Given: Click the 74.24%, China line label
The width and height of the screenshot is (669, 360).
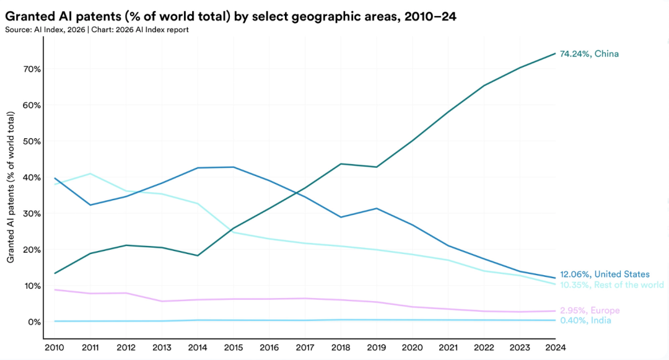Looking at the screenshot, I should pos(589,54).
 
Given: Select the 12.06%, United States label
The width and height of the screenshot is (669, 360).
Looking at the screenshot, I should pos(605,274).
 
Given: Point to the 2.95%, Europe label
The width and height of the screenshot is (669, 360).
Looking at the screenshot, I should pos(590,310).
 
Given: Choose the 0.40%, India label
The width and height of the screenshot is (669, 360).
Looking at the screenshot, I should pos(585,320).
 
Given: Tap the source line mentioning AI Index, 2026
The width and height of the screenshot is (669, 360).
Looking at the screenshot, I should pos(97,29).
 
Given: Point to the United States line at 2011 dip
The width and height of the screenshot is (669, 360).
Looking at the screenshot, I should pos(91,205).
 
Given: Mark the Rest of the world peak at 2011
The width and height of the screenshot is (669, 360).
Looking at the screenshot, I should pos(91,173).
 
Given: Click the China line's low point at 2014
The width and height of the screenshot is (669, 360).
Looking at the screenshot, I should pos(198,255).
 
